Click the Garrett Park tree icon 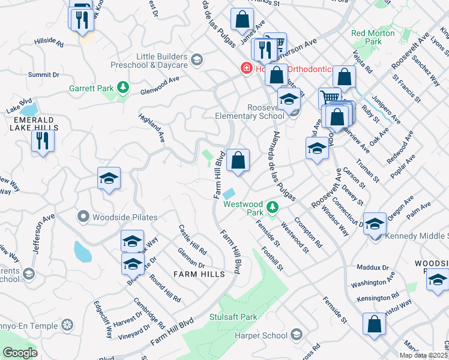point(123,88)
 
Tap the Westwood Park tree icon point(273,208)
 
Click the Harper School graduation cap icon point(296,334)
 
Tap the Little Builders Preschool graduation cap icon point(197,60)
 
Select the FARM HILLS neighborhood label point(199,274)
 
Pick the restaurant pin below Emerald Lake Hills point(43,142)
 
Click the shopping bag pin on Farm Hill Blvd point(238,161)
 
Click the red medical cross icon point(246,69)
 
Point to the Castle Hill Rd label point(192,239)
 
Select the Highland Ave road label point(151,127)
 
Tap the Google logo point(20,353)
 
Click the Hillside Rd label point(49,41)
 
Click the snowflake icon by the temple point(67,326)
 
